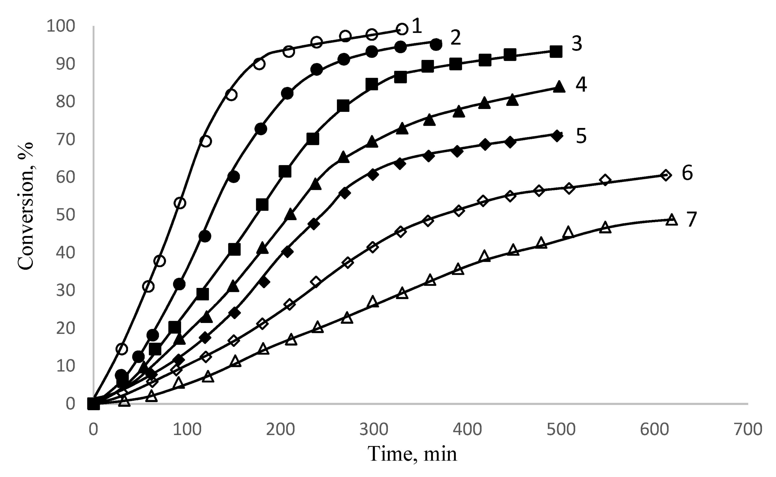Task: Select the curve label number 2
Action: (456, 38)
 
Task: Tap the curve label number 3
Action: (577, 44)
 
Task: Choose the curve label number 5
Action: (581, 136)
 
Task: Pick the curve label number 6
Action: (687, 173)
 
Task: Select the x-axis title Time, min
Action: (412, 454)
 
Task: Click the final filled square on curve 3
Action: (556, 52)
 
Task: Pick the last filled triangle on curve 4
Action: (559, 86)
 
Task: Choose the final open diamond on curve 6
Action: (666, 175)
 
